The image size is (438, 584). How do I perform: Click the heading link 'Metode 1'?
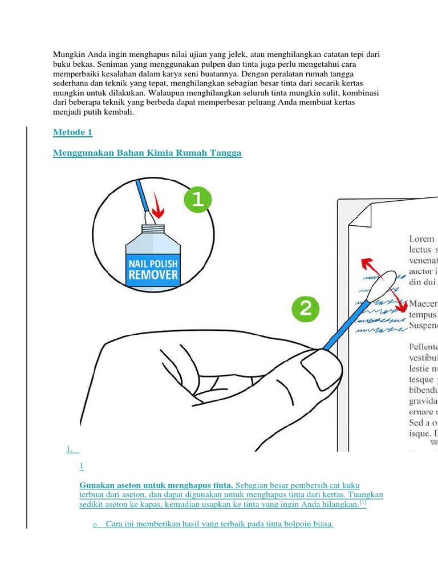72,133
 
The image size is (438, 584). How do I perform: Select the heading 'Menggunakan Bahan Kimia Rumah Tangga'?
147,153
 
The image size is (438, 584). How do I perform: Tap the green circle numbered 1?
197,200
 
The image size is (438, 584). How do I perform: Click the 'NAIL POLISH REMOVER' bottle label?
152,269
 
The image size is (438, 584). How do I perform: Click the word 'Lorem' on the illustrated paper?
421,239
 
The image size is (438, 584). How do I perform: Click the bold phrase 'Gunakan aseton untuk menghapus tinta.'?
156,485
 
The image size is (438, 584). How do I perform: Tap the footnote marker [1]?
363,504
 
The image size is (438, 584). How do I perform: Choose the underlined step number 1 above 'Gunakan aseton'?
82,467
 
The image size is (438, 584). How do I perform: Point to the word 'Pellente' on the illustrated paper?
423,346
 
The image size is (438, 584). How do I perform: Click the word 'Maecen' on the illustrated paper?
423,303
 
